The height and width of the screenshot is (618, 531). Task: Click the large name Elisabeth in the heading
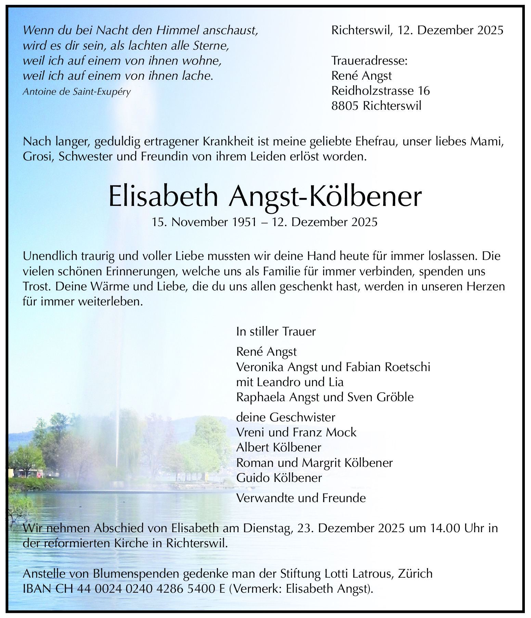[x=163, y=196]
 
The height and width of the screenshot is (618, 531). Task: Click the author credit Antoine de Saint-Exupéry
[x=77, y=92]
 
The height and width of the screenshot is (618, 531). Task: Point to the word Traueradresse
[x=370, y=61]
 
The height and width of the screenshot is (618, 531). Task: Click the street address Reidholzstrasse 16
[x=380, y=91]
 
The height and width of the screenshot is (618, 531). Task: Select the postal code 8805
[x=345, y=106]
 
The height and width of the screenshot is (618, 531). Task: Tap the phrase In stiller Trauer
[x=276, y=331]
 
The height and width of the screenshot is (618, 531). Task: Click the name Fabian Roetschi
[x=388, y=367]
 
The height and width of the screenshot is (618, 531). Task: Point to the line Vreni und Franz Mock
[x=296, y=432]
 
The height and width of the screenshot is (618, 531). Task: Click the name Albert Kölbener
[x=279, y=447]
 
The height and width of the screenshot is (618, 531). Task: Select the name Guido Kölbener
[x=279, y=477]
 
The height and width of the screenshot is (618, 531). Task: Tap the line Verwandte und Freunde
[x=301, y=498]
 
